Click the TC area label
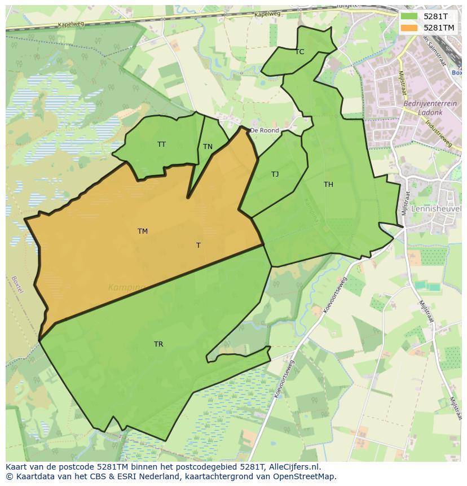pyautogui.click(x=299, y=52)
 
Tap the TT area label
pyautogui.click(x=161, y=145)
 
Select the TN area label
pyautogui.click(x=208, y=147)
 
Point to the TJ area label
pyautogui.click(x=275, y=174)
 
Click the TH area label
pyautogui.click(x=328, y=185)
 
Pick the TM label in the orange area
pyautogui.click(x=142, y=231)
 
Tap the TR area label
pyautogui.click(x=158, y=344)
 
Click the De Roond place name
pyautogui.click(x=265, y=130)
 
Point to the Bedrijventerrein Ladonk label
pyautogui.click(x=423, y=108)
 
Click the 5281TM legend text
pyautogui.click(x=439, y=27)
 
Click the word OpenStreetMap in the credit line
pyautogui.click(x=307, y=476)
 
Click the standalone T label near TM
pyautogui.click(x=198, y=246)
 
